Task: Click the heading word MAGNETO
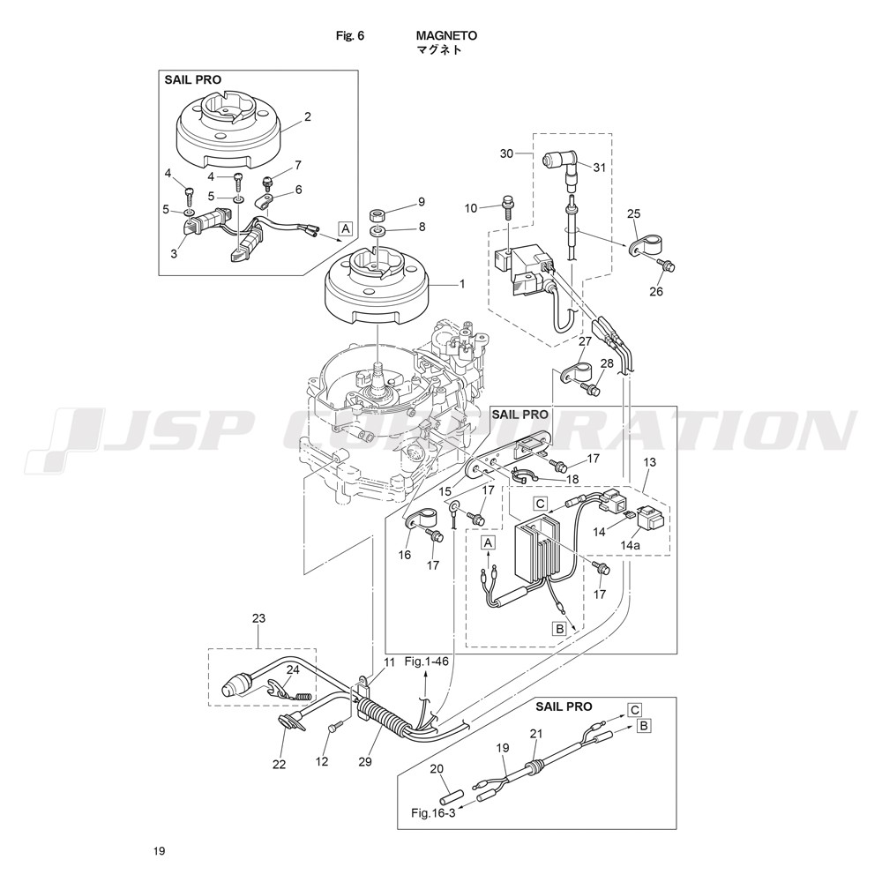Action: click(446, 36)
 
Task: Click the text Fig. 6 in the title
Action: click(350, 36)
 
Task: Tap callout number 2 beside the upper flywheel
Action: click(308, 116)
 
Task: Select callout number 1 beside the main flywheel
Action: click(460, 284)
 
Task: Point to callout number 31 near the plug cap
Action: click(599, 168)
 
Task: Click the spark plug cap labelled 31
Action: click(558, 161)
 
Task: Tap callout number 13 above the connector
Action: click(649, 463)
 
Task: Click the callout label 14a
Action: click(630, 546)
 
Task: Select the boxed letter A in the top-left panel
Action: click(346, 228)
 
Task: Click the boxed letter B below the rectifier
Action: click(558, 629)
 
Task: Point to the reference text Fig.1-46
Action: click(426, 661)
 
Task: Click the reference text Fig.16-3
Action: click(433, 812)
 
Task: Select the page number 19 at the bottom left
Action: click(158, 851)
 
